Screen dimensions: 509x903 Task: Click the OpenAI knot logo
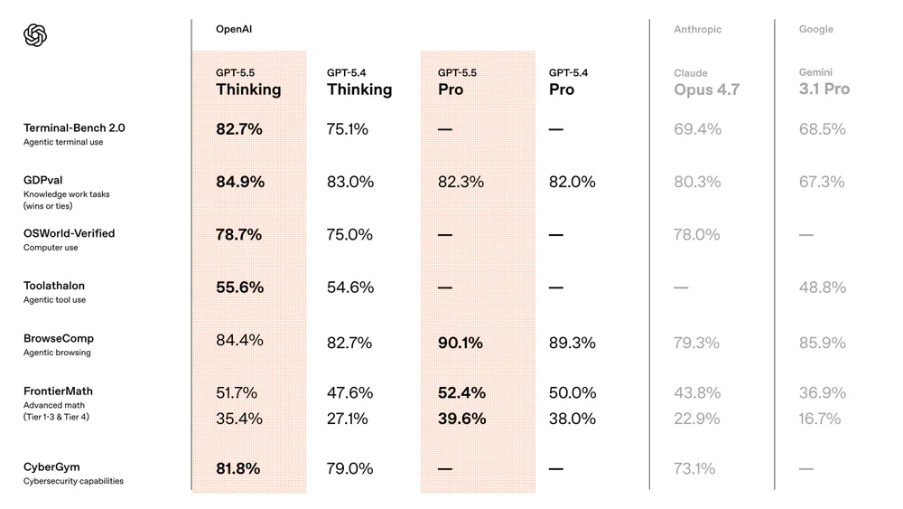(x=34, y=35)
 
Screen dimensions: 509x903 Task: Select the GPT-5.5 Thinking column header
(x=248, y=82)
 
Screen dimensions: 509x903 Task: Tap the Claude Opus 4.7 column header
(x=706, y=82)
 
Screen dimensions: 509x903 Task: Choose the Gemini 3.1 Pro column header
(x=824, y=81)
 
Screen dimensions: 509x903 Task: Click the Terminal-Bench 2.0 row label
(x=74, y=128)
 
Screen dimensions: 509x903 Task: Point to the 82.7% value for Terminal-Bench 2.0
(x=238, y=129)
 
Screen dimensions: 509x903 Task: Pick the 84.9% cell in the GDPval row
(x=239, y=182)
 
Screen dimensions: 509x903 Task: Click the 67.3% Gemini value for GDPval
(x=822, y=182)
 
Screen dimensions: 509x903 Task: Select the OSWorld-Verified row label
(x=69, y=233)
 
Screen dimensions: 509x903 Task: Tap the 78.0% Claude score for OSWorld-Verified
(x=697, y=234)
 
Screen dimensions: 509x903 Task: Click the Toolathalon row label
(x=54, y=286)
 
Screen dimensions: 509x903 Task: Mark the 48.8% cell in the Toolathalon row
(x=822, y=287)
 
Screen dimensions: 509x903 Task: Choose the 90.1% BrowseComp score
(x=461, y=343)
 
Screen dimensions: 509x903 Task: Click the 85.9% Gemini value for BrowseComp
(x=822, y=343)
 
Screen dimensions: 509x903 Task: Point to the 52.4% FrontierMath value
(x=461, y=392)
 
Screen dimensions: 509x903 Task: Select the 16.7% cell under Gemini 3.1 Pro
(x=820, y=419)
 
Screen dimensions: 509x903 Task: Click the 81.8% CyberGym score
(x=238, y=468)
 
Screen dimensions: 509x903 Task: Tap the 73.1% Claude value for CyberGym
(x=694, y=468)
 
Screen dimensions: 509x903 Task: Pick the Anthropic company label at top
(x=697, y=30)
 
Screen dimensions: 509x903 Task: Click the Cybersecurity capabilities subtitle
(x=73, y=481)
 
